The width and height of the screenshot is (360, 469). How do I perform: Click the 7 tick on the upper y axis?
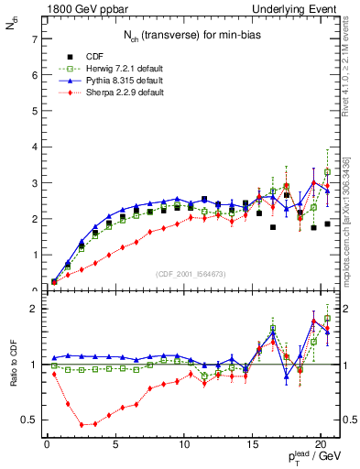pyautogui.click(x=34, y=39)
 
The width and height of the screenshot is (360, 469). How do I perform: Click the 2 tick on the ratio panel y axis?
pyautogui.click(x=34, y=309)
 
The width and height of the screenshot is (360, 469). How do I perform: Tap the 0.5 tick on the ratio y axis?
pyautogui.click(x=30, y=420)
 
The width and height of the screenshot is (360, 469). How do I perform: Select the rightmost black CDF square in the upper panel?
pyautogui.click(x=327, y=224)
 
